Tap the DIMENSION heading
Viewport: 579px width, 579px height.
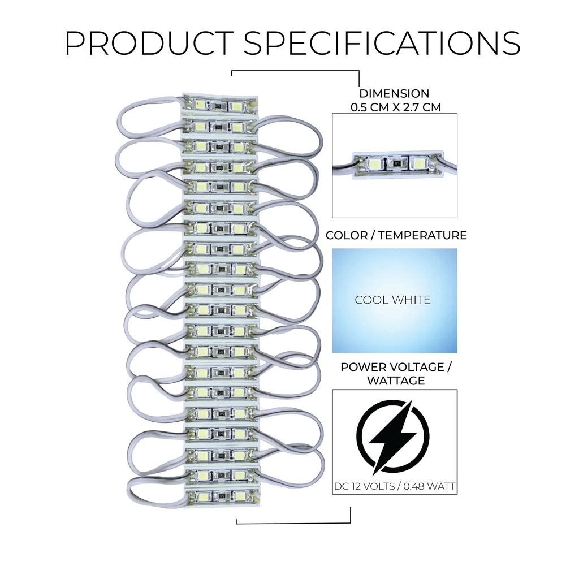click(x=394, y=94)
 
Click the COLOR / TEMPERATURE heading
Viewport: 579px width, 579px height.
click(x=396, y=235)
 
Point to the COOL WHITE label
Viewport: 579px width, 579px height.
click(x=392, y=300)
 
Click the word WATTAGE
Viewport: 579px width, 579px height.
click(x=396, y=381)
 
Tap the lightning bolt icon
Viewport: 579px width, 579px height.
click(x=394, y=437)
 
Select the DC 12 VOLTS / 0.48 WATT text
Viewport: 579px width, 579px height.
click(x=394, y=487)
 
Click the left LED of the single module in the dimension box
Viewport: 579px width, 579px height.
click(x=374, y=165)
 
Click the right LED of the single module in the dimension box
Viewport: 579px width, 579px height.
click(x=417, y=165)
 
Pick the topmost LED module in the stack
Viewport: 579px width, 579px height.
click(x=219, y=105)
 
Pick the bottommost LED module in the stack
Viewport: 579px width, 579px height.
click(x=221, y=497)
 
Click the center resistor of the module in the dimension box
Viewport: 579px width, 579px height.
click(x=396, y=165)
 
